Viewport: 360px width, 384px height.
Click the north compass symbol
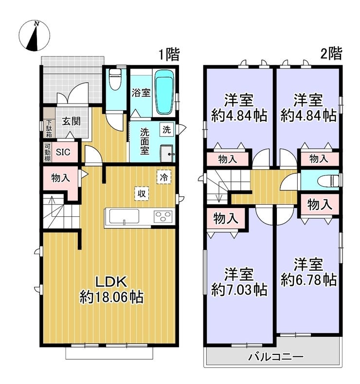pyautogui.click(x=35, y=35)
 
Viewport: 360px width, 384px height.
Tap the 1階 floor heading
pyautogui.click(x=169, y=54)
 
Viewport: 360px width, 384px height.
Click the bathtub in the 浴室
pyautogui.click(x=164, y=92)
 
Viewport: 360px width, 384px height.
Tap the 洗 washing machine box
pyautogui.click(x=167, y=130)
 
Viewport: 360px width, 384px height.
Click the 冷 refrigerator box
pyautogui.click(x=164, y=177)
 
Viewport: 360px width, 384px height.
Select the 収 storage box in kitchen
pyautogui.click(x=142, y=194)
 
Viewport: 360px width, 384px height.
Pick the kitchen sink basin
pyautogui.click(x=124, y=216)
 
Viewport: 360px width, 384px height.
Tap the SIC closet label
pyautogui.click(x=63, y=152)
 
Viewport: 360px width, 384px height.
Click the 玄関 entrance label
pyautogui.click(x=71, y=121)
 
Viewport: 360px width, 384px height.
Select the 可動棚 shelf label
pyautogui.click(x=47, y=152)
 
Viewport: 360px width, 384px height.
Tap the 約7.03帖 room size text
pyautogui.click(x=239, y=290)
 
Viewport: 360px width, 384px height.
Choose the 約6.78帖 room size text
pyautogui.click(x=308, y=280)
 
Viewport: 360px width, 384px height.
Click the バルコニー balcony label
pyautogui.click(x=276, y=357)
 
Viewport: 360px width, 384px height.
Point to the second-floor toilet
pyautogui.click(x=328, y=181)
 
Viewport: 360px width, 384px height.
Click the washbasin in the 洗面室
pyautogui.click(x=167, y=154)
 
